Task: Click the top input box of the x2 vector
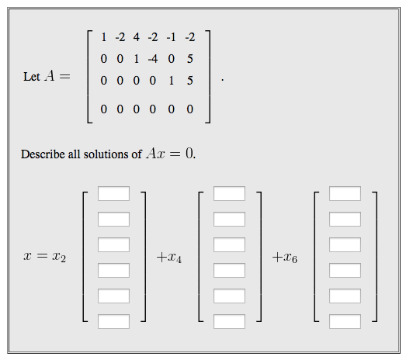[x=113, y=194]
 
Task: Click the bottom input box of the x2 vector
[x=113, y=321]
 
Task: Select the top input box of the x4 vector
[x=229, y=194]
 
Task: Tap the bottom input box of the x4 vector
[x=229, y=321]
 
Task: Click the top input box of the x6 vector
[x=345, y=194]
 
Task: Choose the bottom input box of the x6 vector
[x=345, y=321]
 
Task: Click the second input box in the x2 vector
[x=113, y=220]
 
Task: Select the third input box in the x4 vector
[x=229, y=245]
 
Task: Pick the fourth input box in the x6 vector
[x=345, y=271]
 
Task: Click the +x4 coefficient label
[x=168, y=258]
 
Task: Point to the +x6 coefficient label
[x=284, y=258]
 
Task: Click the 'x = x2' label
[x=45, y=258]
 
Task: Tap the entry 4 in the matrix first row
[x=136, y=36]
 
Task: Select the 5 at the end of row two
[x=190, y=58]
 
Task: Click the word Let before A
[x=32, y=78]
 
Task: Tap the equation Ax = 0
[x=170, y=154]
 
